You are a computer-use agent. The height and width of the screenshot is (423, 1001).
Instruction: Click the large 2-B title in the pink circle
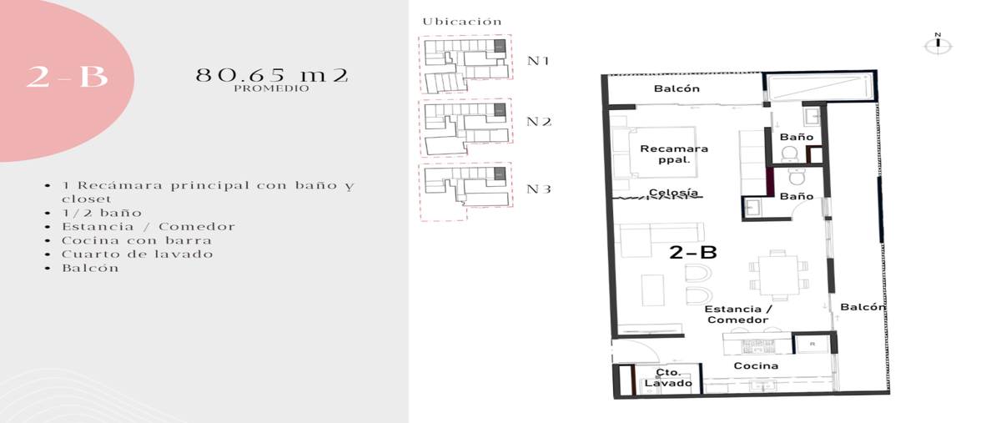pos(67,77)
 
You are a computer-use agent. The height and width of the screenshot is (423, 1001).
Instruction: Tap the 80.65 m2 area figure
pos(272,75)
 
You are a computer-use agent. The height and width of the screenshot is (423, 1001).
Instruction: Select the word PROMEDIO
pos(271,88)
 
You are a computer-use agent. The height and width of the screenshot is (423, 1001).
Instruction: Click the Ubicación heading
pos(462,22)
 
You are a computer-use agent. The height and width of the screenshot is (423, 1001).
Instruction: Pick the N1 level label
pos(538,61)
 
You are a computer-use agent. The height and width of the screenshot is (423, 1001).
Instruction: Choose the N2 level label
pos(539,122)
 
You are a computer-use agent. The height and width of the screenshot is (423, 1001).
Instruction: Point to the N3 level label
pos(539,189)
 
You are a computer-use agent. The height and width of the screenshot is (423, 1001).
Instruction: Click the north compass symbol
pos(938,44)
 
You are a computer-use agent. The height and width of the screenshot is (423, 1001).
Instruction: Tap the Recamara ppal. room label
pos(674,154)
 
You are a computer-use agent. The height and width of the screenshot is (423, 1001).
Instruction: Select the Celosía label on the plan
pos(673,192)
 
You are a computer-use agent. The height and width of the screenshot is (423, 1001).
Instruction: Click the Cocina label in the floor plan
pos(756,365)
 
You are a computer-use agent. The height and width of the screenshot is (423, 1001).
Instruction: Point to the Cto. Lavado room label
pos(668,378)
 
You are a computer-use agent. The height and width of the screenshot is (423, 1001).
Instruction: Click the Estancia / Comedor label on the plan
pos(737,315)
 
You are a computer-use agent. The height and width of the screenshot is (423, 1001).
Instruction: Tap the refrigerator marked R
pos(812,344)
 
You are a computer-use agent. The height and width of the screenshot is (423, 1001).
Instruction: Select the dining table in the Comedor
pos(778,274)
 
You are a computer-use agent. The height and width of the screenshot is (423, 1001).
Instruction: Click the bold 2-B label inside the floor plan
pos(693,253)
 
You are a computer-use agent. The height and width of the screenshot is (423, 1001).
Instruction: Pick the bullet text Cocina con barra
pos(137,240)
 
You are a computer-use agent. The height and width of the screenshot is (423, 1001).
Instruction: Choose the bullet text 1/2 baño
pos(102,213)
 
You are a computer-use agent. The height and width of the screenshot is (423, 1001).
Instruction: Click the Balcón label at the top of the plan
pos(677,88)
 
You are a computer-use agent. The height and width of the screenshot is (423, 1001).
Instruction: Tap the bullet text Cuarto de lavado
pos(138,254)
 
